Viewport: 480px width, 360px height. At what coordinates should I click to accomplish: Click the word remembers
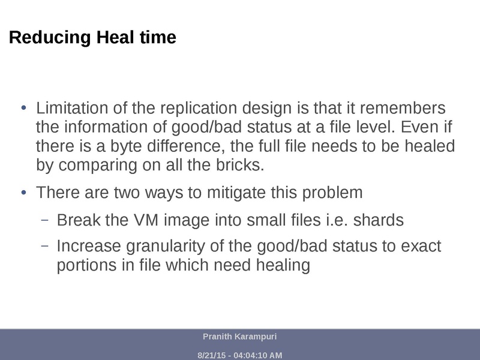point(397,109)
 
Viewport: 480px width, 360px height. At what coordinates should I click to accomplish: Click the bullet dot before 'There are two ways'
point(24,193)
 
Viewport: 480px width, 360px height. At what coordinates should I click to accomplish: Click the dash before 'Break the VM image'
point(44,220)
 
